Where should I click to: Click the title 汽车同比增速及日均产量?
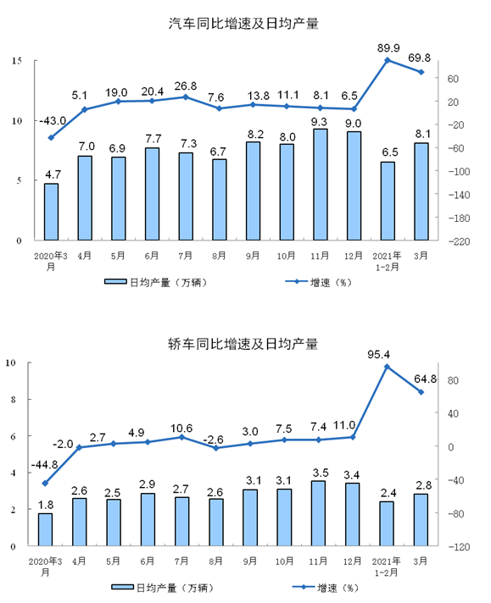click(244, 24)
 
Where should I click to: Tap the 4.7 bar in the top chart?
click(52, 212)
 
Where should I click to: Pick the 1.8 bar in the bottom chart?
click(45, 529)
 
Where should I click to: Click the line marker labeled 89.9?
click(387, 60)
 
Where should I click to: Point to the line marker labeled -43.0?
click(52, 137)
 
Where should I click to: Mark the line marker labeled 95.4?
click(387, 367)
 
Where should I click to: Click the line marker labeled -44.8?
click(45, 484)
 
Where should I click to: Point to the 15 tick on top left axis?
click(17, 61)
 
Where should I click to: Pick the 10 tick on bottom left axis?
click(13, 363)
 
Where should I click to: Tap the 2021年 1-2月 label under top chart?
click(387, 259)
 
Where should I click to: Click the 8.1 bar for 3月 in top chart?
click(421, 191)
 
